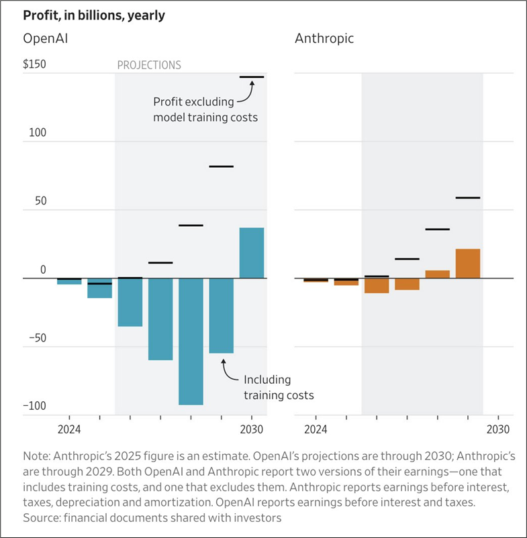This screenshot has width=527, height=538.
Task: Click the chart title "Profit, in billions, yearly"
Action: [x=93, y=14]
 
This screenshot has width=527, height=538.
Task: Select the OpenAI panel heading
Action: [x=46, y=38]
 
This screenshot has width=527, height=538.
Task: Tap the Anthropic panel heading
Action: [x=324, y=38]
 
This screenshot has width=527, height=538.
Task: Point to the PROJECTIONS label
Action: [x=149, y=65]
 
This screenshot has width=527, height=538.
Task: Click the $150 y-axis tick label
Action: [x=34, y=64]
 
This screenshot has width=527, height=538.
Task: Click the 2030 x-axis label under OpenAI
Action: [x=252, y=429]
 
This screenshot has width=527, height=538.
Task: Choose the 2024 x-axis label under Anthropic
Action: [x=315, y=429]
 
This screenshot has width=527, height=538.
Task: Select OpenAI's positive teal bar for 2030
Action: [x=252, y=253]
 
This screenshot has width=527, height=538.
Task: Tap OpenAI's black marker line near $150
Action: [x=252, y=77]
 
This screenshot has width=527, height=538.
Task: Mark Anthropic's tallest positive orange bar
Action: [x=468, y=263]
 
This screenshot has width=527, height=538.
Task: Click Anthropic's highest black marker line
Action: [x=468, y=198]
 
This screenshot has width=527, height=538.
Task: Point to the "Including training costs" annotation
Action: [x=279, y=387]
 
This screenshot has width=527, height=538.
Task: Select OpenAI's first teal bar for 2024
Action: [x=69, y=282]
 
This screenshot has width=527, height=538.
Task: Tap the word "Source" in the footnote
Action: [x=42, y=517]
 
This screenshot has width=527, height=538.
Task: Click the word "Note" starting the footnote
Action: [x=35, y=455]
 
